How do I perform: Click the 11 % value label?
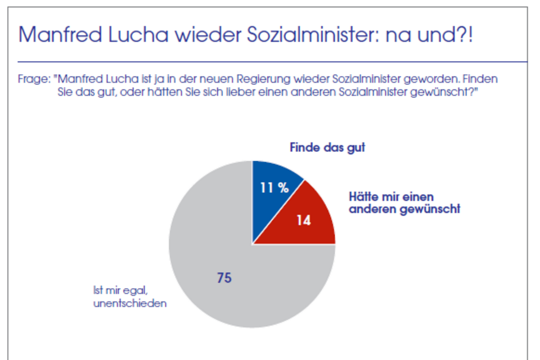274,188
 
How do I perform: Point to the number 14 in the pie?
304,220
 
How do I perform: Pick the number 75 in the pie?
224,277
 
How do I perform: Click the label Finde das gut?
327,148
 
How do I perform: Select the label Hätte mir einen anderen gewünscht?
404,203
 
